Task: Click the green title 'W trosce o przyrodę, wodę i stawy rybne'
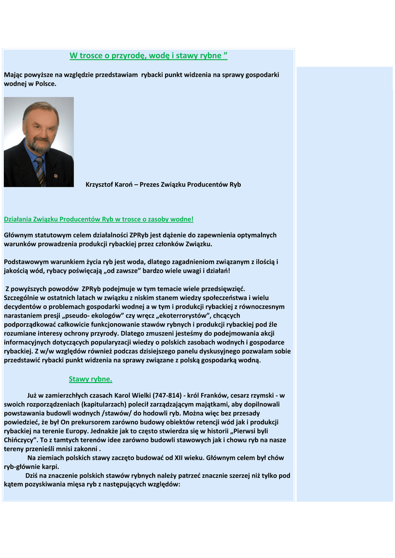[x=148, y=56]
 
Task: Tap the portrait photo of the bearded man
[x=39, y=142]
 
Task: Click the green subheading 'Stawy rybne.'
[x=90, y=379]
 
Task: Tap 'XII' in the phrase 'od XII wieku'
[x=167, y=458]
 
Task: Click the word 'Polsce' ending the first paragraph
[x=45, y=84]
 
